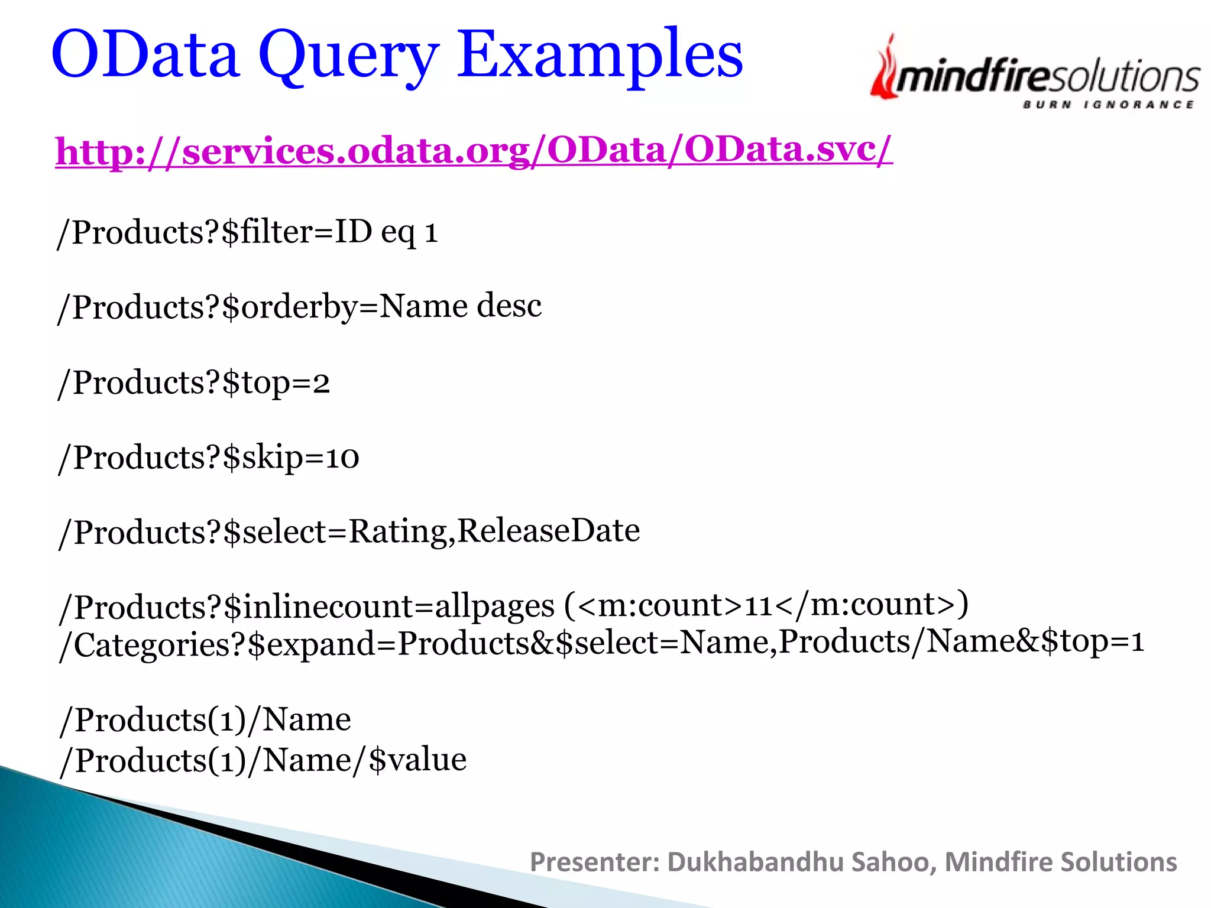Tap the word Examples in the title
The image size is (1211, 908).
click(x=600, y=56)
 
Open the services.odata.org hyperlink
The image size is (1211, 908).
click(x=474, y=151)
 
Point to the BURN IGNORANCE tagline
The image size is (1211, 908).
click(x=1108, y=105)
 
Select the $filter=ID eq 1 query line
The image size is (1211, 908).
click(x=247, y=232)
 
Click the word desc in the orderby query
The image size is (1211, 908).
click(x=509, y=306)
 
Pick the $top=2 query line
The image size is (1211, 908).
click(x=193, y=382)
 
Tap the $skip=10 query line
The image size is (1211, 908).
click(x=208, y=458)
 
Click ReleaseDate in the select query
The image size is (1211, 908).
click(x=549, y=530)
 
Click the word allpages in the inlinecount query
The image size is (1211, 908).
click(x=495, y=607)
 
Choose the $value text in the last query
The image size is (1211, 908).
click(x=417, y=759)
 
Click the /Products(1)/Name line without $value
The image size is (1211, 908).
click(x=205, y=720)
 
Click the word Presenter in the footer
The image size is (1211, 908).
click(x=594, y=862)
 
